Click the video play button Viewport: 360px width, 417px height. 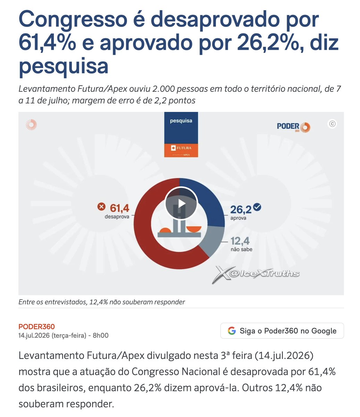tap(181, 203)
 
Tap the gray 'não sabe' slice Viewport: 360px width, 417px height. tap(214, 239)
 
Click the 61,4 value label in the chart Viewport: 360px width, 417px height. tap(119, 208)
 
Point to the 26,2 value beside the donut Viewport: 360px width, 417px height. tap(241, 210)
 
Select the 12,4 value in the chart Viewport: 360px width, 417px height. tap(240, 241)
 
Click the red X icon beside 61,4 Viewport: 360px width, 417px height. tap(101, 206)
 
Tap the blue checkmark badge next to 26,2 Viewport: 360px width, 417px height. tap(257, 207)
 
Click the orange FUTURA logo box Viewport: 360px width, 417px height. tap(181, 150)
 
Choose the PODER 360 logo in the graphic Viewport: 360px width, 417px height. tap(293, 127)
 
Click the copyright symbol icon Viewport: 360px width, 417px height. tap(332, 124)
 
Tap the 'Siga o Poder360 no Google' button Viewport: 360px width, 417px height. tap(282, 331)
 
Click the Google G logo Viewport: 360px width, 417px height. tap(232, 331)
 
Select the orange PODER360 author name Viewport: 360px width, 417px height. tap(36, 327)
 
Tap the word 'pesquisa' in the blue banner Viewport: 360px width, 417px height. tap(181, 121)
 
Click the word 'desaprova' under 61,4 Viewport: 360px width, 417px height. tap(117, 217)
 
